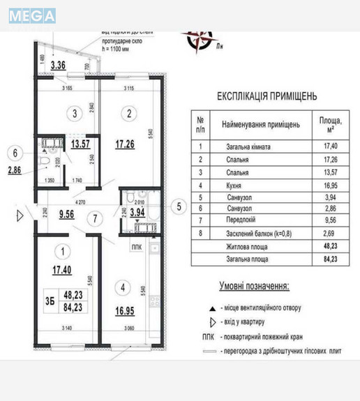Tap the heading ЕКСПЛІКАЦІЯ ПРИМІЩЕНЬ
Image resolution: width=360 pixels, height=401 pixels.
267,96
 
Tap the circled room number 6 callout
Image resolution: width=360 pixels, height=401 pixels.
16,151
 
